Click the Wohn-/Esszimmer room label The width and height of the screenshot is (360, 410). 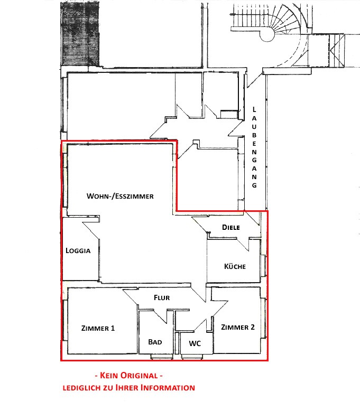120,196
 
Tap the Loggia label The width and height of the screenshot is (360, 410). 78,250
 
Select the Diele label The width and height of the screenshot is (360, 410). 231,227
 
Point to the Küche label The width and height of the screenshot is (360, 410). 235,266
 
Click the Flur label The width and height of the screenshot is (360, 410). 162,297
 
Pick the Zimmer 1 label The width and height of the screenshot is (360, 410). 98,328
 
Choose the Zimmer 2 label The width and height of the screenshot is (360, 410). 238,327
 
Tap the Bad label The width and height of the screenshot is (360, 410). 155,342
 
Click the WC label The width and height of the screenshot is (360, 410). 195,343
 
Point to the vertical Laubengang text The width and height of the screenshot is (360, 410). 254,147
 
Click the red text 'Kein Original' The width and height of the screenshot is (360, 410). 128,376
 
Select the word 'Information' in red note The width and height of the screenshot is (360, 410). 168,387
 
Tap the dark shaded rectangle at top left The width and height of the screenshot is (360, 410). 80,33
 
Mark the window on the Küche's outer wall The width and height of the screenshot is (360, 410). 264,266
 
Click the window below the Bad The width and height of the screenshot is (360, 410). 162,357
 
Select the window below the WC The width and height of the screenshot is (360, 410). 191,357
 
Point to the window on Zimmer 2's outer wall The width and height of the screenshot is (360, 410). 264,318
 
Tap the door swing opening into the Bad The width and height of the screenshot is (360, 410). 160,316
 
